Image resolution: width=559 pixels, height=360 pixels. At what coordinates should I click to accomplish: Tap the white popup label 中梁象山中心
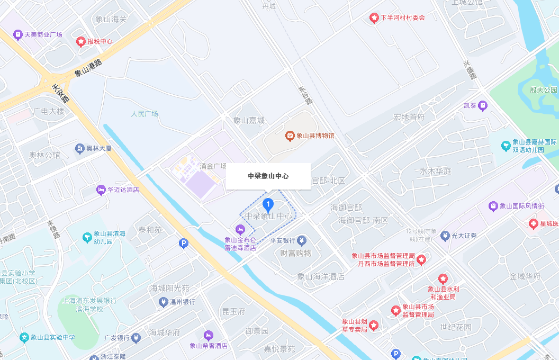tap(268, 176)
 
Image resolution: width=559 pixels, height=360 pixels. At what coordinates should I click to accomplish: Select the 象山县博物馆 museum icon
tap(290, 136)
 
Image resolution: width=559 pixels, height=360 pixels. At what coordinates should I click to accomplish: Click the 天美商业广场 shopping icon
tap(18, 34)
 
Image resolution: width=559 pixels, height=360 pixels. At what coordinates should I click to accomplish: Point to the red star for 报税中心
tap(81, 41)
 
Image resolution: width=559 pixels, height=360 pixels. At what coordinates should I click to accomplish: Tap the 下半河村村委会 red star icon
tap(374, 18)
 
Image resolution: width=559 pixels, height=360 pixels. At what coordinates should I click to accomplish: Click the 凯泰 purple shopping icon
tap(482, 106)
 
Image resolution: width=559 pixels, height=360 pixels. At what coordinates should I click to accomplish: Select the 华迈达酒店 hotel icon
tap(101, 190)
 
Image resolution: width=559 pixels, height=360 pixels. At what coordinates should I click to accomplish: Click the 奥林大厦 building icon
tap(80, 149)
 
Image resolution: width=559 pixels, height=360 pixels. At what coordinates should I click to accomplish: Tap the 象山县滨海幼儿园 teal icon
tap(87, 238)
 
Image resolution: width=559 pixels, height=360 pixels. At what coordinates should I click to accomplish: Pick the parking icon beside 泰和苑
tap(183, 244)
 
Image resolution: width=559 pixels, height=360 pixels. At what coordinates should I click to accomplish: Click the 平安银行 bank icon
tap(302, 240)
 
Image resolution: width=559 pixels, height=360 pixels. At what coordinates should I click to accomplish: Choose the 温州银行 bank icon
tap(163, 302)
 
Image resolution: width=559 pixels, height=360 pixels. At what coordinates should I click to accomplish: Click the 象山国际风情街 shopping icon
tap(493, 206)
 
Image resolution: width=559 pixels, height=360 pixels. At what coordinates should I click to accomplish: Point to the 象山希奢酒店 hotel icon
tap(209, 335)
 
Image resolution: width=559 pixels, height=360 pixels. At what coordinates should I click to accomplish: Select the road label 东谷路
tap(305, 95)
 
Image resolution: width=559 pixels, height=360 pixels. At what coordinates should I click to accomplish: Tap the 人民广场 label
tap(145, 114)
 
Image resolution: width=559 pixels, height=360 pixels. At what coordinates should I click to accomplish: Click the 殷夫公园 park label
tap(544, 89)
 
